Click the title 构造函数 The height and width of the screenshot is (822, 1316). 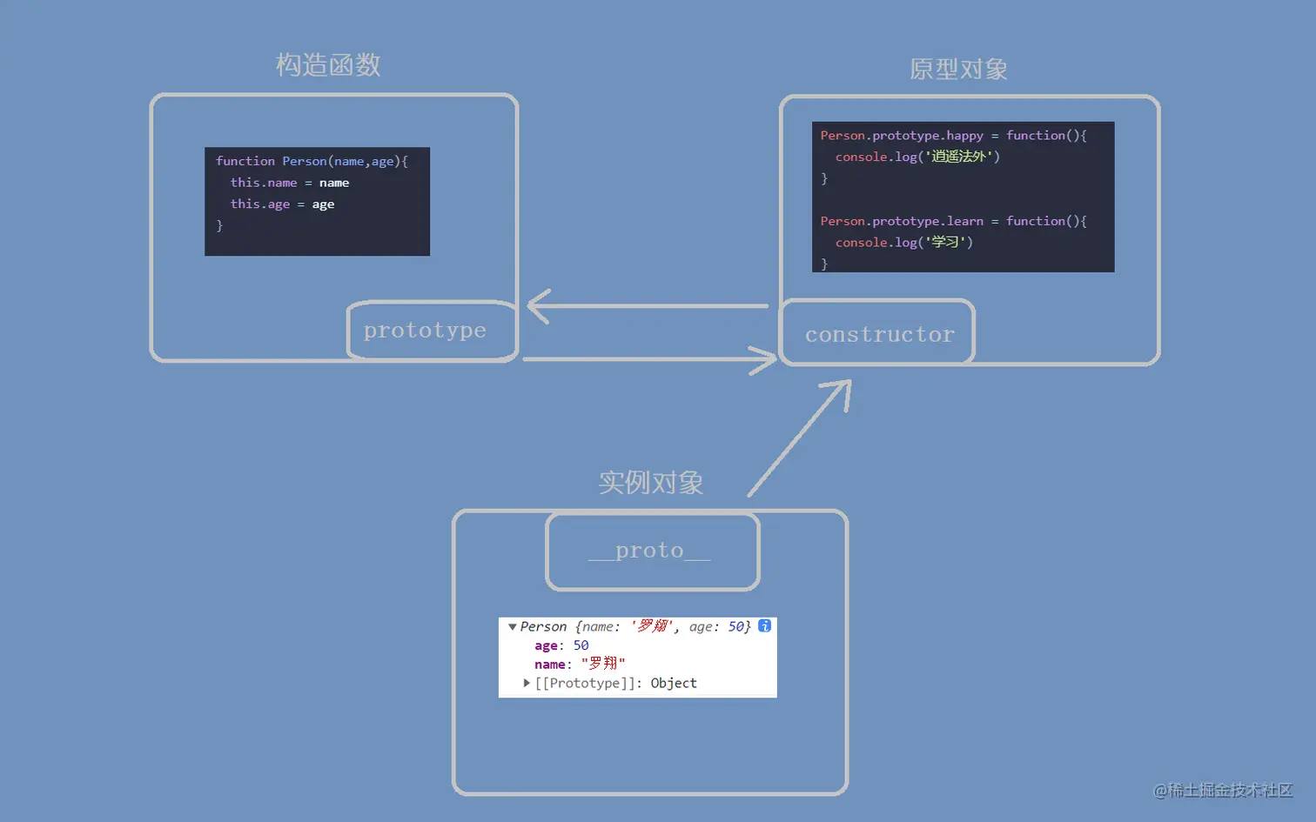coord(328,65)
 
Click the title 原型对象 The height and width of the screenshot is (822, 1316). coord(958,70)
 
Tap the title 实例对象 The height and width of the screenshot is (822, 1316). coord(651,483)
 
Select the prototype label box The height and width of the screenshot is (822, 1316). coord(426,331)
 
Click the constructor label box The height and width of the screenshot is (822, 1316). coord(879,335)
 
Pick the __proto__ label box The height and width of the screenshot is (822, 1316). coord(650,551)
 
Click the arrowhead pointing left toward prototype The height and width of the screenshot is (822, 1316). coord(534,306)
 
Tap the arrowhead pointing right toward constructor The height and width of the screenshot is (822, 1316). coord(770,358)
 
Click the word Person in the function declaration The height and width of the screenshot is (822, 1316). coord(304,161)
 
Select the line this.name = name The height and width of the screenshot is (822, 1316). coord(289,183)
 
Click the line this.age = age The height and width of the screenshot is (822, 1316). coord(282,204)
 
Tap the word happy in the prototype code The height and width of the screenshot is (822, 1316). coord(964,136)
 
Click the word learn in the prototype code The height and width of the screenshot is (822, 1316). coord(964,221)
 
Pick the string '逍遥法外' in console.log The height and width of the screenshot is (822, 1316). coord(958,157)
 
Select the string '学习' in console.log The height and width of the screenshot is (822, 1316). coord(945,243)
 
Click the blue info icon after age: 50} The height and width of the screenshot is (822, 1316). coord(764,626)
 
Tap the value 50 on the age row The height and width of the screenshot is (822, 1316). coord(581,645)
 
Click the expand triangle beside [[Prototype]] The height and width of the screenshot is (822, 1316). coord(527,684)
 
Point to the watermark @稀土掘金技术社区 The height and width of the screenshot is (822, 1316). coord(1223,790)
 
